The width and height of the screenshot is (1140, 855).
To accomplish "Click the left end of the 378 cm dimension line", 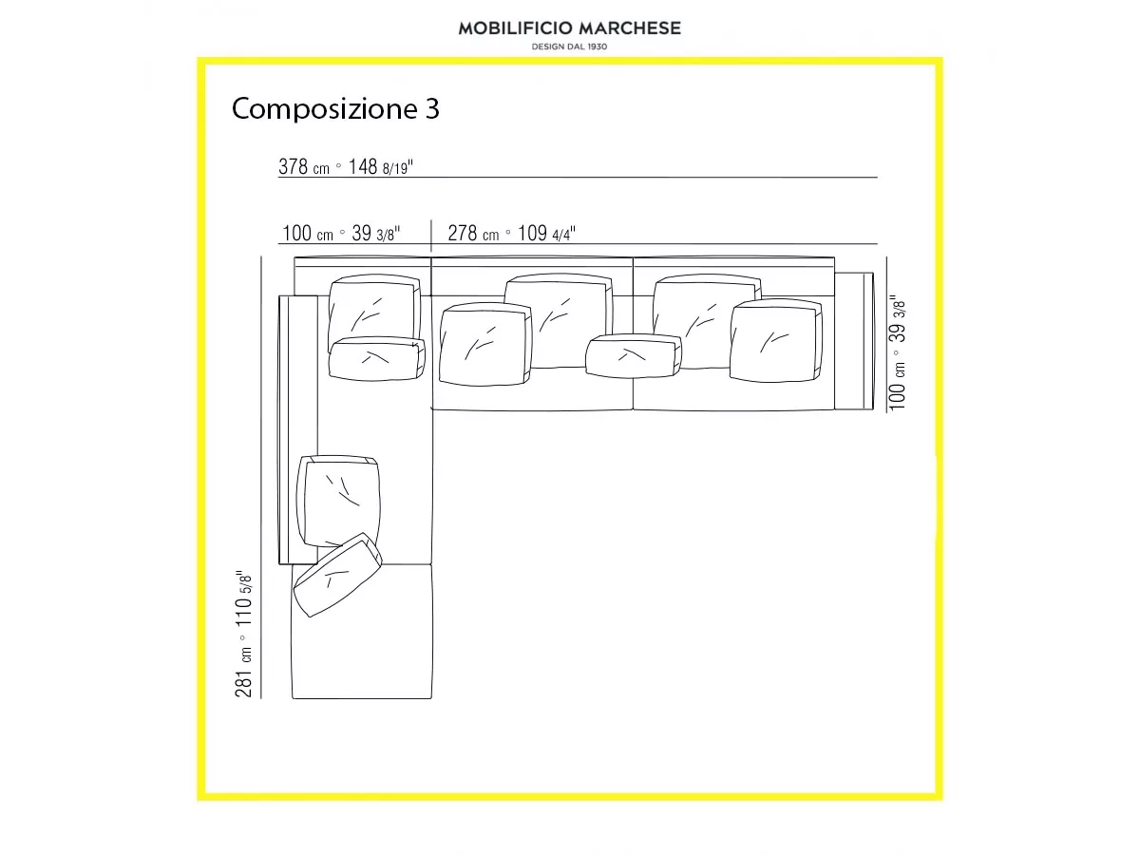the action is (278, 177).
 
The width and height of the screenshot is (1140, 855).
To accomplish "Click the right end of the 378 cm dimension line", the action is (878, 177).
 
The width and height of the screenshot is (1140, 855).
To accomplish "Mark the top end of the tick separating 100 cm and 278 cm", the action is (431, 220).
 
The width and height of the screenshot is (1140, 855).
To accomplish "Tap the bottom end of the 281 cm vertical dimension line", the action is (261, 698).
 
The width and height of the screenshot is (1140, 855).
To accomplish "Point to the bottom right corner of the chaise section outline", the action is (431, 698).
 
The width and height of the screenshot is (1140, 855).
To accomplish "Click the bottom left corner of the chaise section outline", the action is (293, 698).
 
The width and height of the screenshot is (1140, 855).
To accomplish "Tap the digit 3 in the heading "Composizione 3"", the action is (432, 109).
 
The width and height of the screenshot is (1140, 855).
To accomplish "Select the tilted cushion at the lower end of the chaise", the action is (337, 575).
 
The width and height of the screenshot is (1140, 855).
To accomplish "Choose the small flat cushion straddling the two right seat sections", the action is (633, 355).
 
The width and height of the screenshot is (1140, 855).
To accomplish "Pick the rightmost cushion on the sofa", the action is (776, 340).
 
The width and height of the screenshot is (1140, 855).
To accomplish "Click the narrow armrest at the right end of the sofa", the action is (854, 341).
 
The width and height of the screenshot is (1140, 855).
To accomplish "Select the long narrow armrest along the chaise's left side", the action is (298, 429).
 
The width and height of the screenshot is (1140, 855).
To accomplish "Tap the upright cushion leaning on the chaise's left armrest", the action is (338, 501).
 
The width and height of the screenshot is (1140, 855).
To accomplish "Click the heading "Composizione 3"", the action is (335, 109).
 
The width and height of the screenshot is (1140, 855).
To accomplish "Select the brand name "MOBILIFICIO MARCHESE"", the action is (570, 28).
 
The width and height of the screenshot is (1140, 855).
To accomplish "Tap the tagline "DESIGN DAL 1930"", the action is (569, 47).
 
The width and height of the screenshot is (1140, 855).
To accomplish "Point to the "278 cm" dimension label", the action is (473, 234).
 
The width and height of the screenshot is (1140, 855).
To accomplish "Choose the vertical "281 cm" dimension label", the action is (243, 673).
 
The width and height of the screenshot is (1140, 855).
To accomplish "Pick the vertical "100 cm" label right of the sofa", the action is (898, 386).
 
